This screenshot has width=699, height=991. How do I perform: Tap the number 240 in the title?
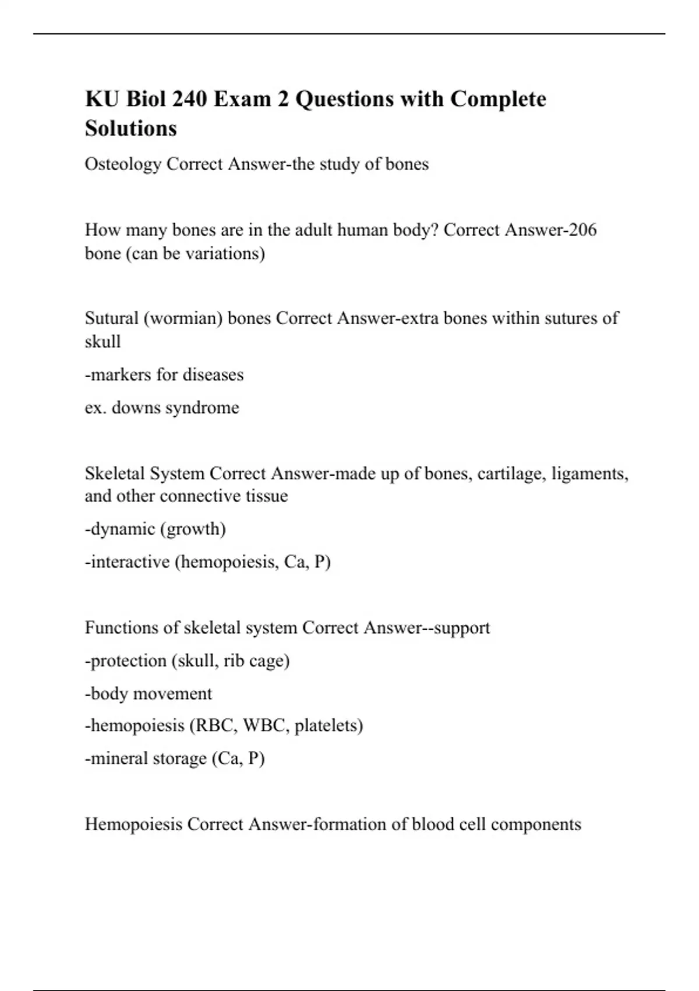pos(189,99)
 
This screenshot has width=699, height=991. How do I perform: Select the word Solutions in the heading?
pos(130,128)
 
